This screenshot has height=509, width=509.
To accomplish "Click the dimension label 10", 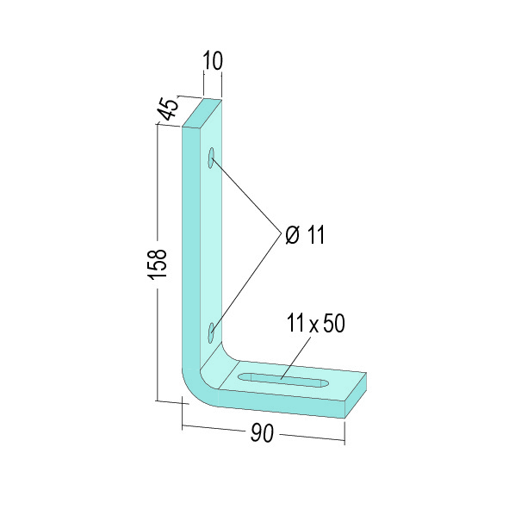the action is (213, 60).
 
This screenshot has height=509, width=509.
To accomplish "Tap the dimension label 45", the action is (169, 109).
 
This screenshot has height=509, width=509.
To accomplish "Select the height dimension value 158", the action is (157, 264).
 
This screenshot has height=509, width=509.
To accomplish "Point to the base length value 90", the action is (263, 433).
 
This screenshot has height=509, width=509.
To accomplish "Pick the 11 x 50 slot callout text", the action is (315, 323).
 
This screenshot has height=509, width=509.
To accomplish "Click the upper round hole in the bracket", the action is (212, 158).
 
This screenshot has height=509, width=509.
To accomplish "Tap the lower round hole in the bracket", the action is (212, 332).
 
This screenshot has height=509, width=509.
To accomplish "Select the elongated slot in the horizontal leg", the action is (283, 380).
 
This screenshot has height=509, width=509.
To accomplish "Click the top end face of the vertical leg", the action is (202, 114).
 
